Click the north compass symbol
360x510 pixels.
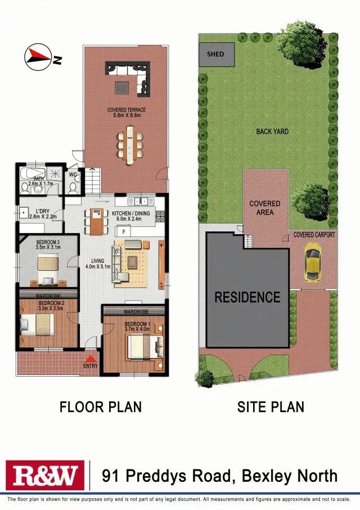[x=38, y=56]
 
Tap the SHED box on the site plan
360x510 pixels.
[x=215, y=55]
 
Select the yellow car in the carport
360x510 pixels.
[x=312, y=262]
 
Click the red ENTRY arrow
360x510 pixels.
[x=90, y=358]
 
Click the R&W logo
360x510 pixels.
[x=44, y=476]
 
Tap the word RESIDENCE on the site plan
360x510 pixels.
[x=247, y=297]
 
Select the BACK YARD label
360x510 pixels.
[x=272, y=131]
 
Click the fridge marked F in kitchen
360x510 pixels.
[x=121, y=231]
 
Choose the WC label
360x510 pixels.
[x=73, y=175]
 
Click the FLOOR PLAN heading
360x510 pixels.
[x=101, y=406]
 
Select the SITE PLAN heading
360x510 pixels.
[x=271, y=406]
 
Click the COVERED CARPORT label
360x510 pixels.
[x=314, y=235]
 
